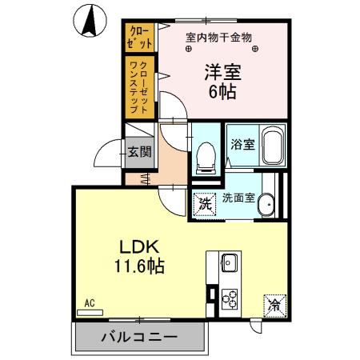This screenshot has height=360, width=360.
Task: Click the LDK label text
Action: point(138,245)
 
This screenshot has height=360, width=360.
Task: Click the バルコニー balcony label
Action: point(138,337)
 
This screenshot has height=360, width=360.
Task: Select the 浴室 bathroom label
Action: point(242,146)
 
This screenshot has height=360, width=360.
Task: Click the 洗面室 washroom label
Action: point(238,198)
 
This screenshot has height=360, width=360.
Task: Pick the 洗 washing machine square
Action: point(205,203)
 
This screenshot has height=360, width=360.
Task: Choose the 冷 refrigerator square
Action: point(274,304)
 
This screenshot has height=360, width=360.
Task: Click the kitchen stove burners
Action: point(229,297)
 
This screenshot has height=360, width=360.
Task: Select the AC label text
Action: point(90,303)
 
